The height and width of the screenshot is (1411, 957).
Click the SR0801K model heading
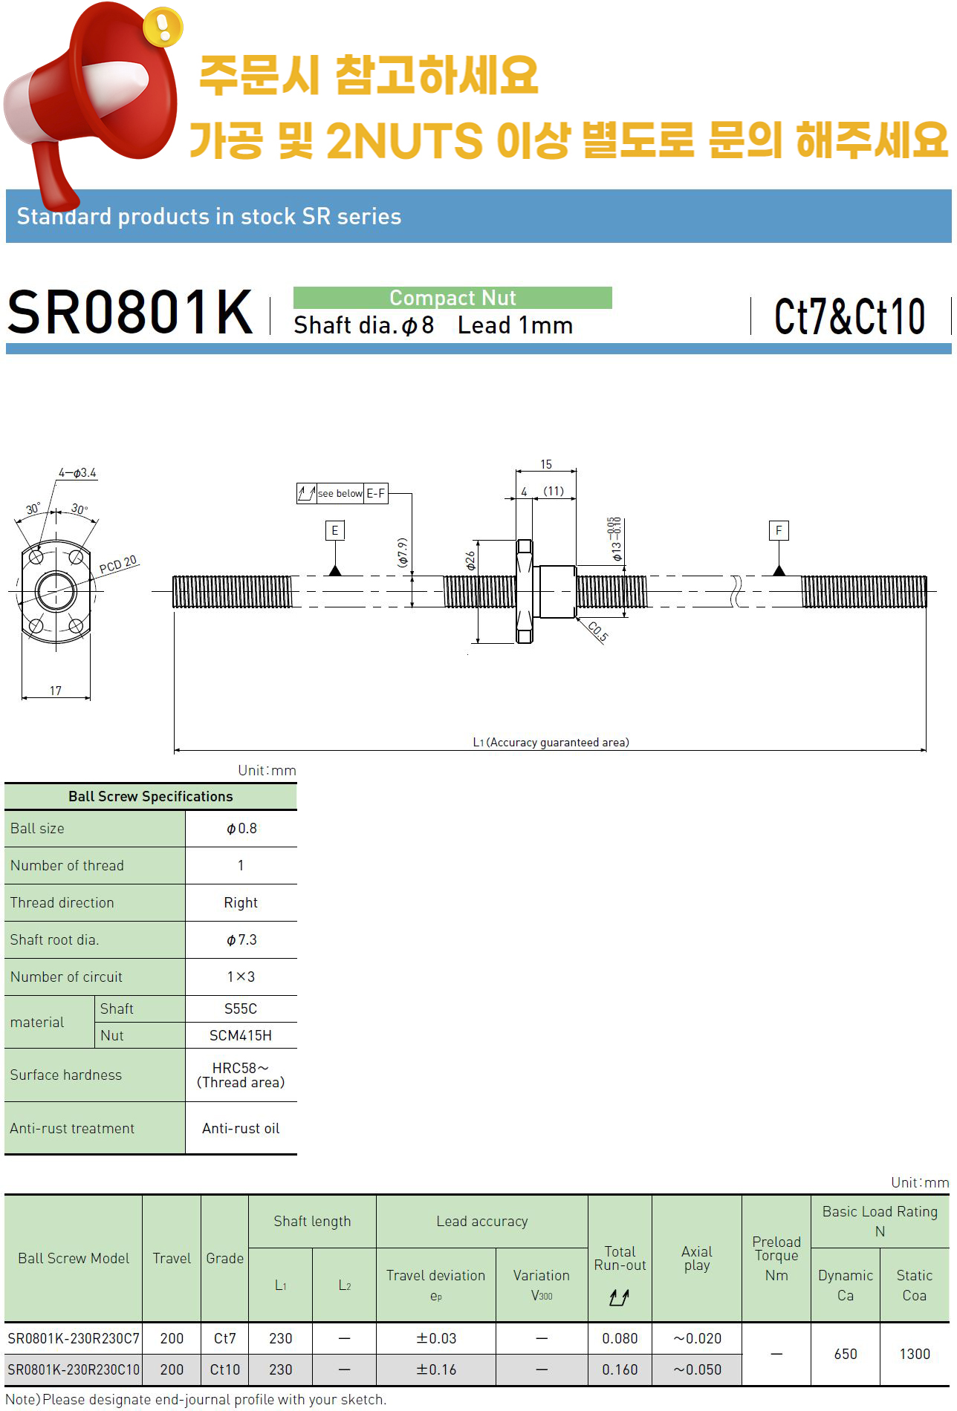131,313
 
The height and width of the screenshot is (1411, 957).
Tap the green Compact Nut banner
452,298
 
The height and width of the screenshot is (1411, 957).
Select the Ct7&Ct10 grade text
849,316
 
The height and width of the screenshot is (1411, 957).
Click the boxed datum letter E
335,530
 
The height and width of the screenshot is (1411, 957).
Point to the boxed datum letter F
779,530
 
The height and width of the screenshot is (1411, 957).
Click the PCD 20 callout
118,564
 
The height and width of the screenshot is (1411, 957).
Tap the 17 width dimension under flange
56,691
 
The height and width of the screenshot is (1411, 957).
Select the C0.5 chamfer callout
598,631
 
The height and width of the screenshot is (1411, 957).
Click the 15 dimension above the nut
546,464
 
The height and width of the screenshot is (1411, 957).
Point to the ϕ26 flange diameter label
470,560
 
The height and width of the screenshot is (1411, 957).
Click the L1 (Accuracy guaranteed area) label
551,742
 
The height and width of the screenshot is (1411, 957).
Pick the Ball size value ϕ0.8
241,828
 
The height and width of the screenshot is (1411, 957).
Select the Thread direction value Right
241,902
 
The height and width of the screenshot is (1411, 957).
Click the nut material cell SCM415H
241,1035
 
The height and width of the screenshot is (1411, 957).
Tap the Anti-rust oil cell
241,1128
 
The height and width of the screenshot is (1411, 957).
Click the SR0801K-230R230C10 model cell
74,1369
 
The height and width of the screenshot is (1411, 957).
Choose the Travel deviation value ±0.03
436,1338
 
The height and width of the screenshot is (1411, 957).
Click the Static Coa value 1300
915,1354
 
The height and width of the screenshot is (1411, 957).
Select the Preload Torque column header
776,1258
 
